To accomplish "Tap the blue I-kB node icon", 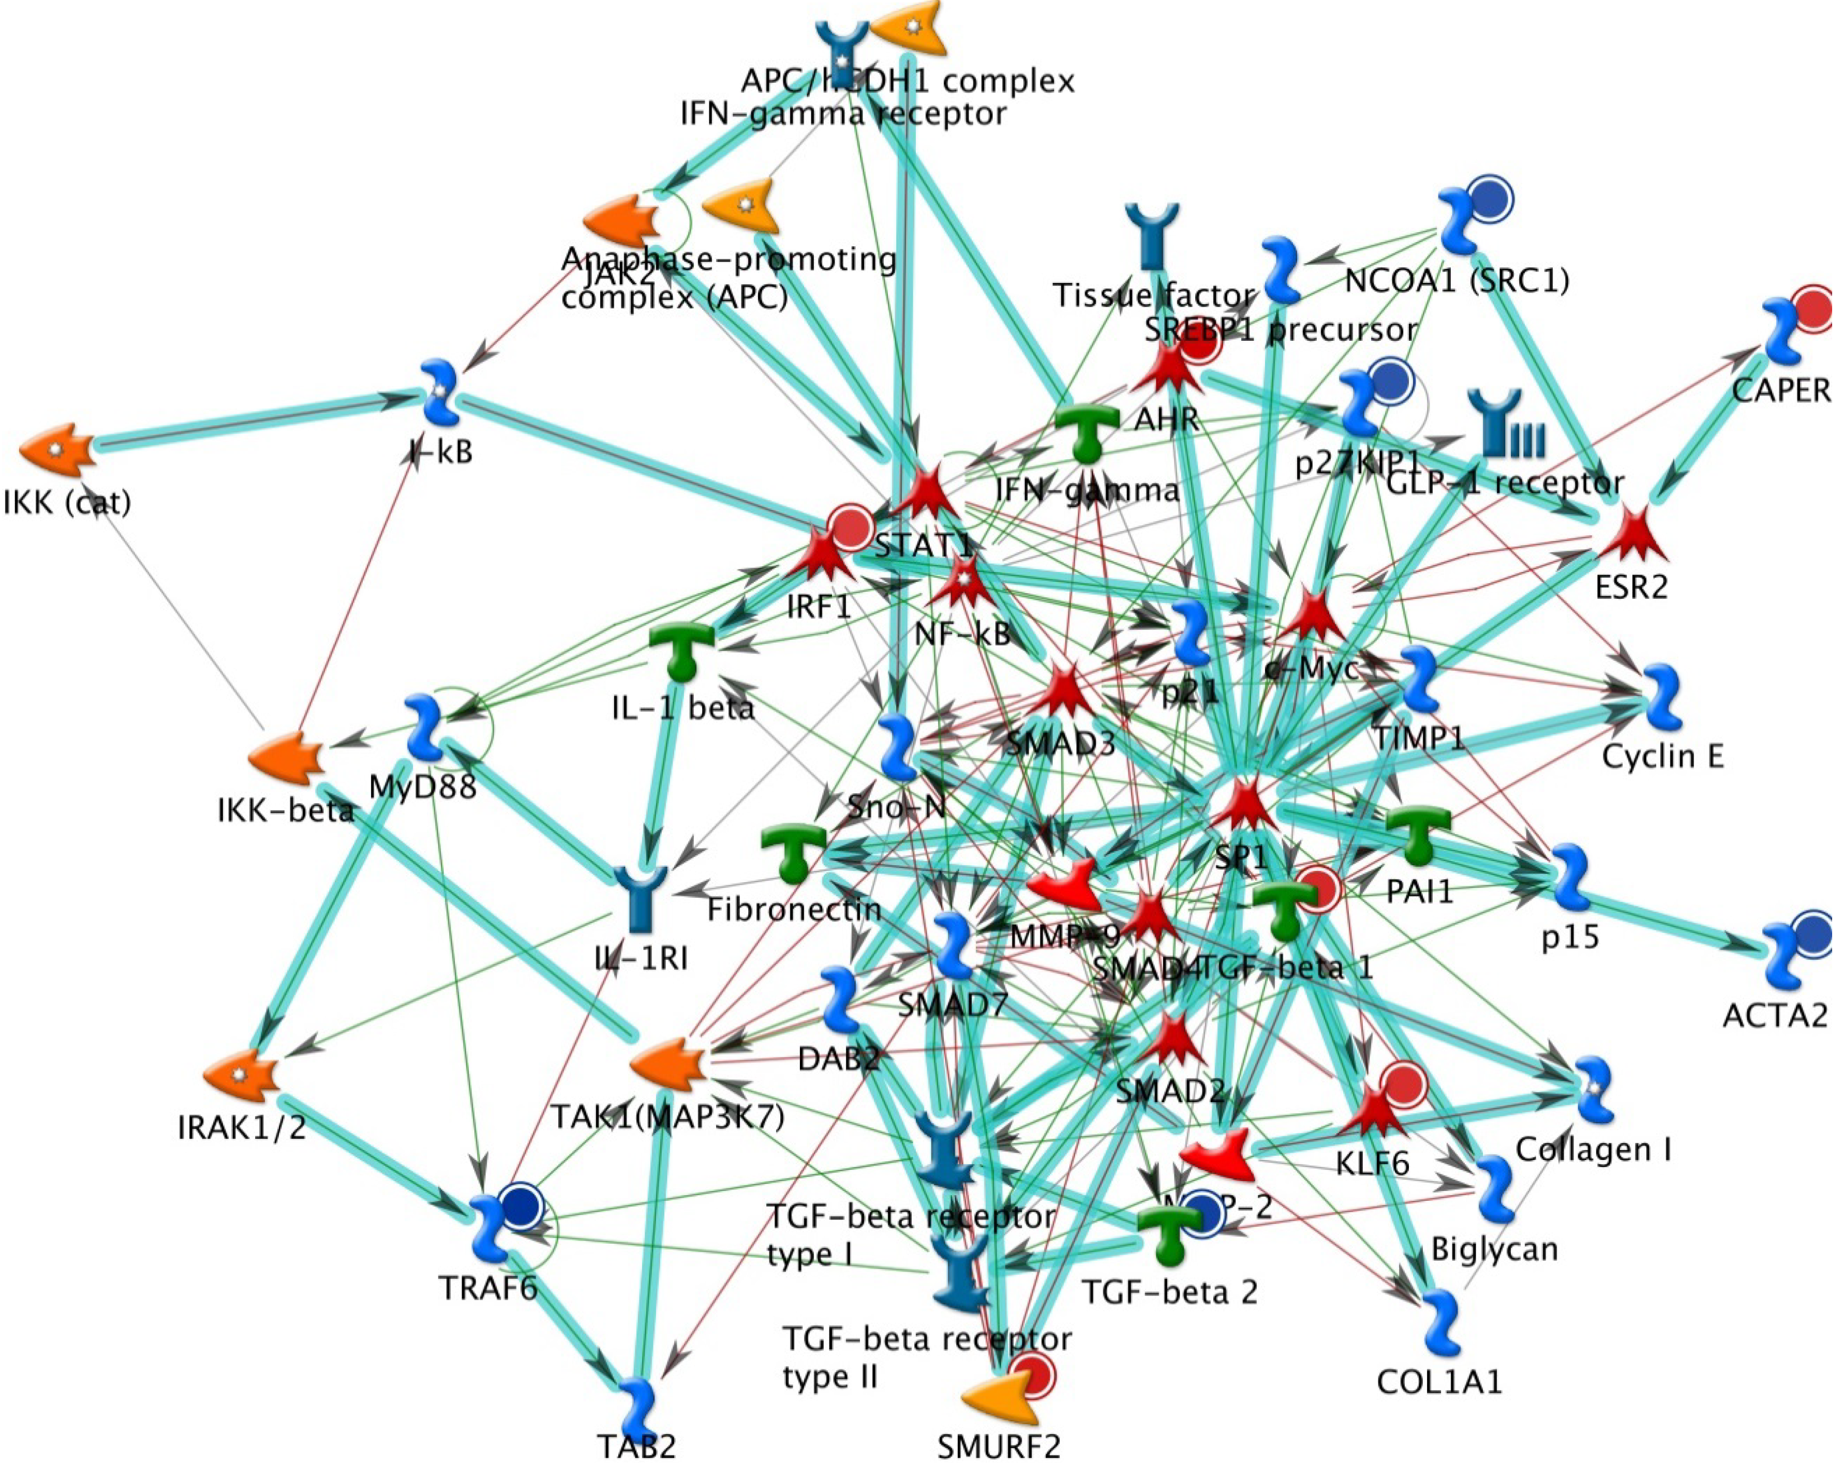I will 442,394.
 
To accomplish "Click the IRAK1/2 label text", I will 242,1127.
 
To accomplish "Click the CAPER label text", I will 1781,390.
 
